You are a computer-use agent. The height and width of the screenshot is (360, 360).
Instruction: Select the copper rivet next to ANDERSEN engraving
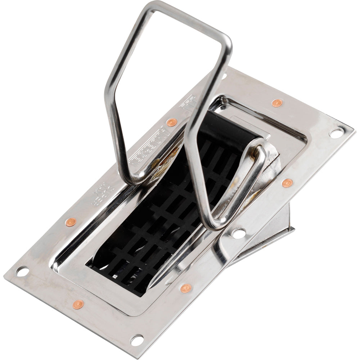[x=172, y=122]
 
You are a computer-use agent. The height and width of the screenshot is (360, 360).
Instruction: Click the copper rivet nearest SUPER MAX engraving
[x=71, y=222]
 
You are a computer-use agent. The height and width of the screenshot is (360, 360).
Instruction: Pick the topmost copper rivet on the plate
[x=276, y=103]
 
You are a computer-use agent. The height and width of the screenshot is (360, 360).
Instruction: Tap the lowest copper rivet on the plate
[x=78, y=305]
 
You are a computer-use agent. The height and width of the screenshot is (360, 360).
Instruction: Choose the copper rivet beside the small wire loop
[x=287, y=183]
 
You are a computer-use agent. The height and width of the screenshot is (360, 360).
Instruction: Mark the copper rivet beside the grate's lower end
[x=186, y=288]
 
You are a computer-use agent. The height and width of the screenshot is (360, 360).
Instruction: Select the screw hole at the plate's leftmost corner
[x=22, y=272]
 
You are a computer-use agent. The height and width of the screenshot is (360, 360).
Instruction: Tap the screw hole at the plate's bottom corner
[x=137, y=339]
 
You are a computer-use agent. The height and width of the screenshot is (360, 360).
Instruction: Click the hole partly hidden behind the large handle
[x=224, y=77]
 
